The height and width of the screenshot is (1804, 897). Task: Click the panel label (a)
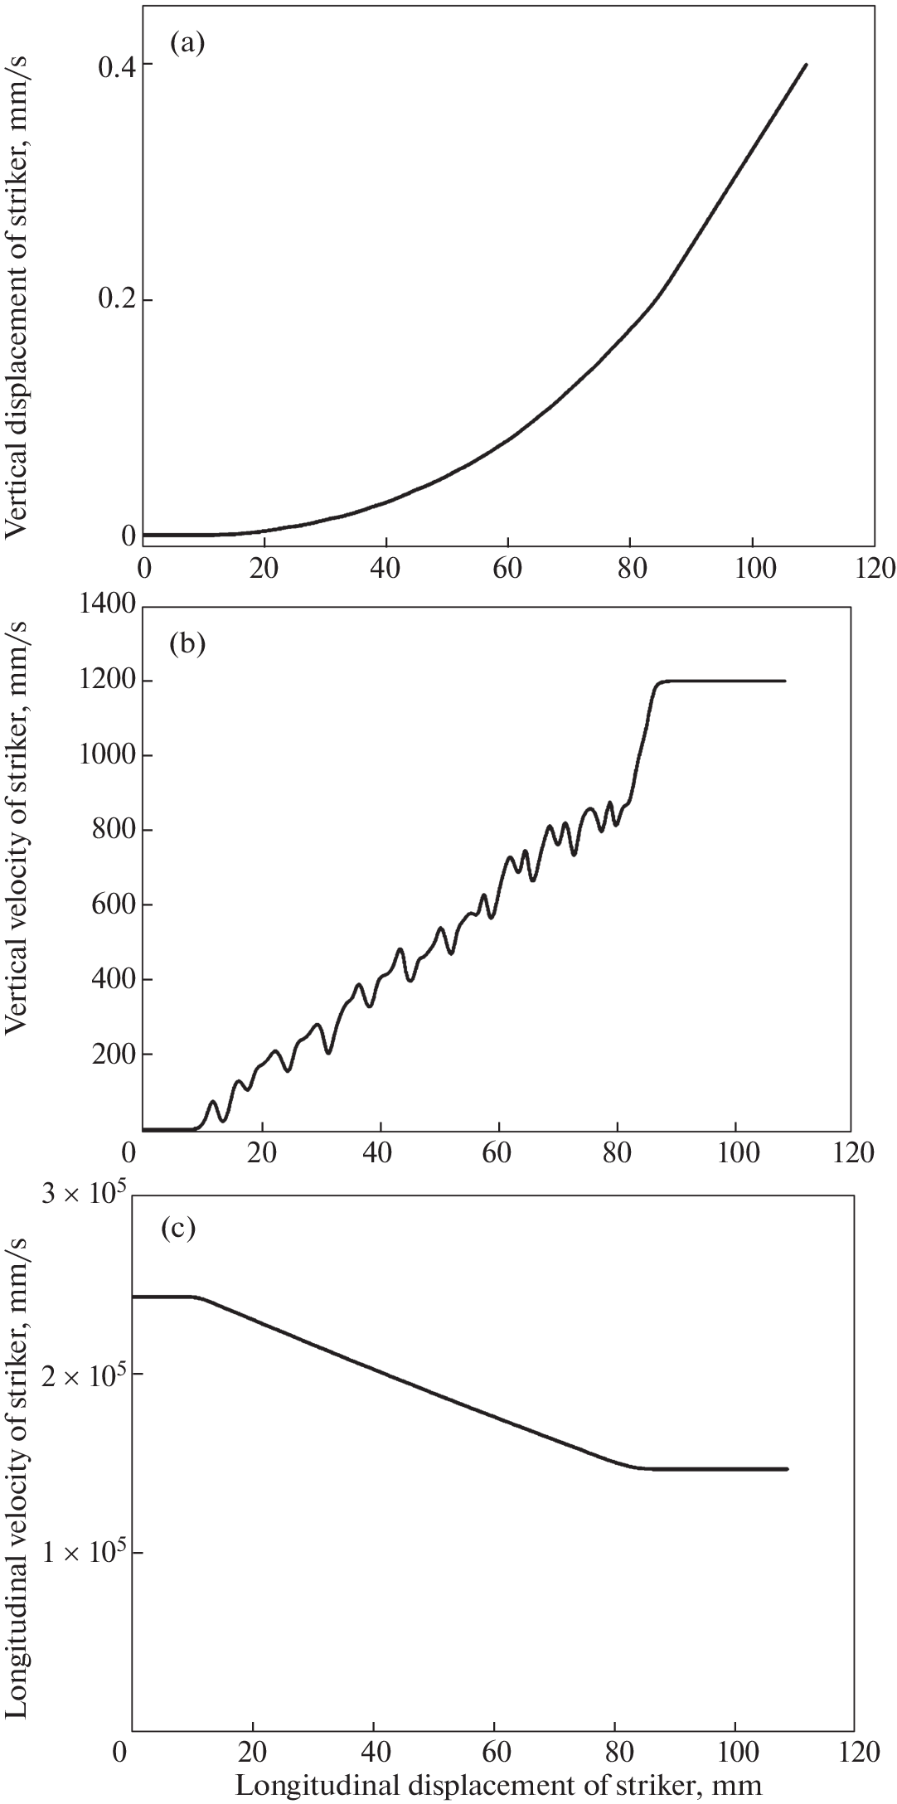[187, 43]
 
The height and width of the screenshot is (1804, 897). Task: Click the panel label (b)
[187, 643]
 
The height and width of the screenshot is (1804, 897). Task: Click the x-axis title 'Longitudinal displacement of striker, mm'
[498, 1784]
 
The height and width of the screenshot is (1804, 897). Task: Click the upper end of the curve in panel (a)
[806, 65]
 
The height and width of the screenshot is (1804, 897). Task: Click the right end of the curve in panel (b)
[784, 681]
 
